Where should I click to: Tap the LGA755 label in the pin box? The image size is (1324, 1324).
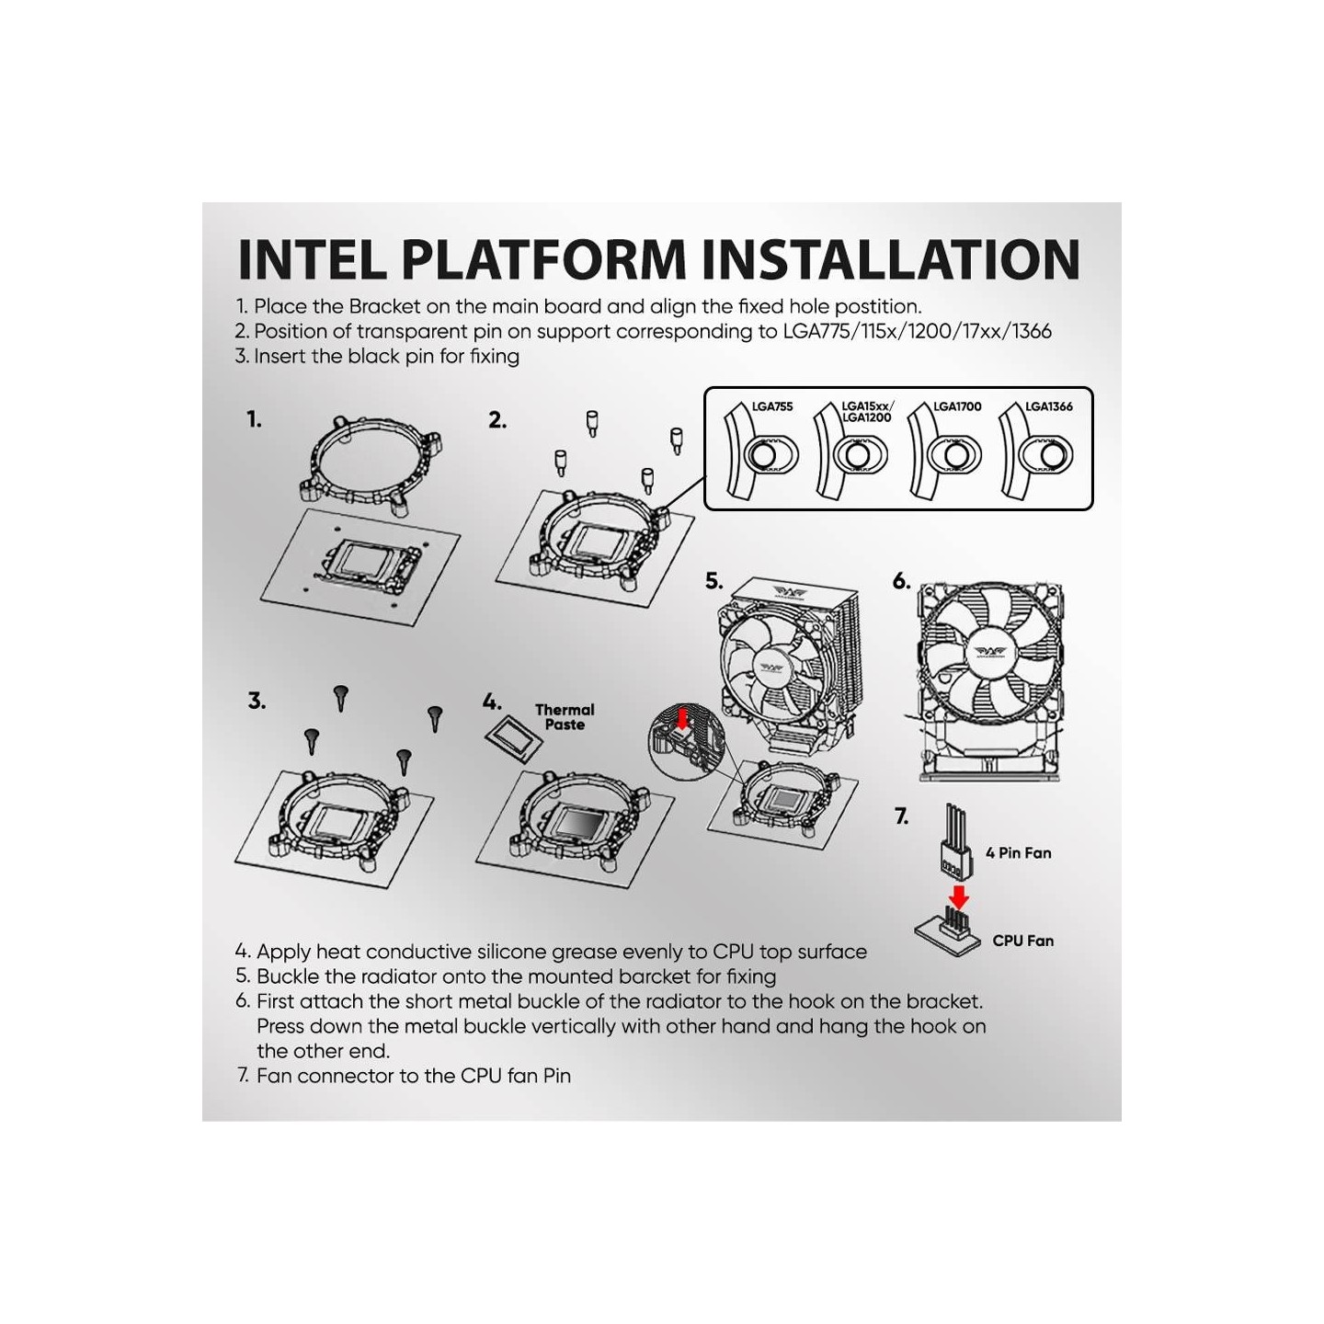click(x=771, y=406)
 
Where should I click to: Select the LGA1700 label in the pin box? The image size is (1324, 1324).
click(x=957, y=406)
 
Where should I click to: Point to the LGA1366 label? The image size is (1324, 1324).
click(x=1048, y=406)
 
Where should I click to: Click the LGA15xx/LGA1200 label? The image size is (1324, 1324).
click(x=866, y=411)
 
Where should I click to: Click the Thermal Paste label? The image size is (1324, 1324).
click(x=565, y=717)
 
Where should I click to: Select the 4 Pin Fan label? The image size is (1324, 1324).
click(x=1018, y=853)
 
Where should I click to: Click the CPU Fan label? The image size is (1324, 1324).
click(x=1022, y=941)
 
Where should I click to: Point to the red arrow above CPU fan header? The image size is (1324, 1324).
click(x=958, y=896)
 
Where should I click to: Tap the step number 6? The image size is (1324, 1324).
click(x=901, y=581)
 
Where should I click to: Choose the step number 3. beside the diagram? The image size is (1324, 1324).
click(x=257, y=702)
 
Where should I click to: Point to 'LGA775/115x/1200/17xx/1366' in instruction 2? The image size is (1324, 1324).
click(x=917, y=332)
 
